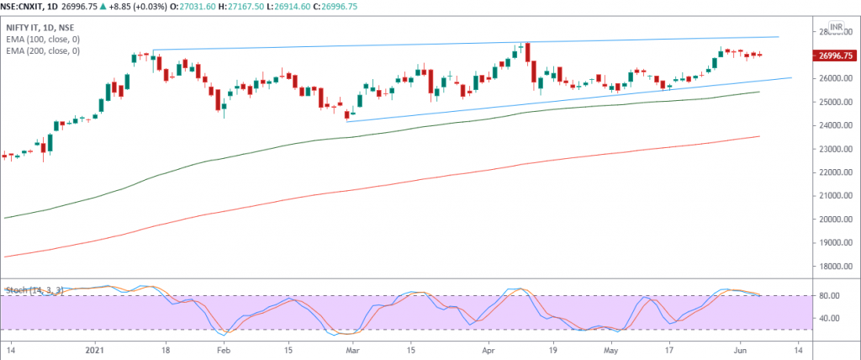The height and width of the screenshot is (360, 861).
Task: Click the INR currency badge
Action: (x=836, y=27)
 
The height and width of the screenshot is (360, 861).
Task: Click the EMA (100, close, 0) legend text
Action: (x=42, y=40)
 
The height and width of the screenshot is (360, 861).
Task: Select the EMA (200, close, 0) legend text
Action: (x=42, y=51)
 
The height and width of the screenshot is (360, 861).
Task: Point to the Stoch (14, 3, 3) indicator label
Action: (x=34, y=291)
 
